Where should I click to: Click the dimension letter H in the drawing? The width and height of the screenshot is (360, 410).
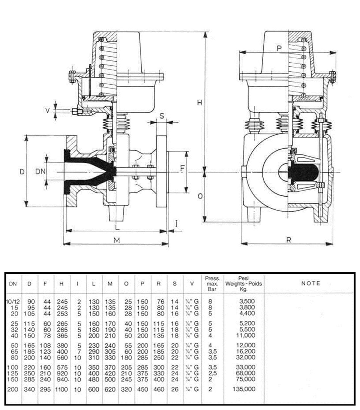199,103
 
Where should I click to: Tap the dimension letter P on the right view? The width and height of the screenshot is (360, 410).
279,48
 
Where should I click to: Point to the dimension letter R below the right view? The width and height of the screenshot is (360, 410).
289,240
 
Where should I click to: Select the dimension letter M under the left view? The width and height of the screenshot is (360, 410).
117,240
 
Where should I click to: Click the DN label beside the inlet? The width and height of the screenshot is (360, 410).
40,171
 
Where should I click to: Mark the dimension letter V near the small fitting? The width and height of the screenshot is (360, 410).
48,111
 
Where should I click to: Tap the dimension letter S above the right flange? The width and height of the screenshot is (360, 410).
162,116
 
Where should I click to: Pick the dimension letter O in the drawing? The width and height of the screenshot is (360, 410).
200,196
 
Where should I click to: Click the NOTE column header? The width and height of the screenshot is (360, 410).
310,284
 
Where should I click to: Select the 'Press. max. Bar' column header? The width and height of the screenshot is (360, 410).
212,284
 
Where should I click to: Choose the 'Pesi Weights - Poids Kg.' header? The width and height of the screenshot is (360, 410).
243,284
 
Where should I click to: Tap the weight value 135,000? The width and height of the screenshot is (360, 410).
244,389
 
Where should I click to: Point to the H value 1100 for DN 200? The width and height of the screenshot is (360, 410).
61,389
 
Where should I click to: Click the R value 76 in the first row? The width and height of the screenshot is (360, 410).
160,302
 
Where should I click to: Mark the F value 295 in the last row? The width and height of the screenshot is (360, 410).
45,389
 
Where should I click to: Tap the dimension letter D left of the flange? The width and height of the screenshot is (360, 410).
22,171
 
